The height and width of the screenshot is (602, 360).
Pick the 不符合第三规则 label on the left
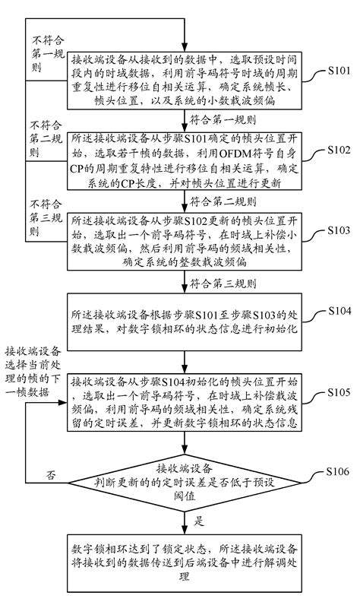tap(44, 217)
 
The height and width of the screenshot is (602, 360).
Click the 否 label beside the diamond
tap(51, 475)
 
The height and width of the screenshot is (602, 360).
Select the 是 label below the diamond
tap(201, 521)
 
